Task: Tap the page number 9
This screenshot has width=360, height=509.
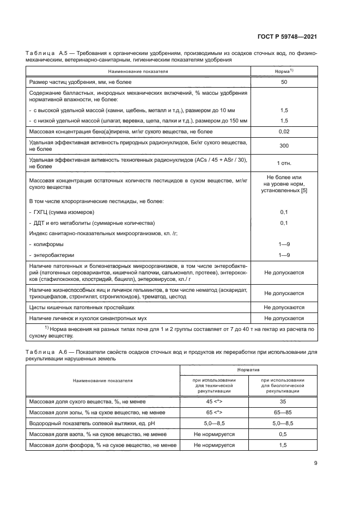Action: tap(315, 463)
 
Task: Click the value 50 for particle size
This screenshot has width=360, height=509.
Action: tap(284, 82)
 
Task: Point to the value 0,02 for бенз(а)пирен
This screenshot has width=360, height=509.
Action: tap(284, 132)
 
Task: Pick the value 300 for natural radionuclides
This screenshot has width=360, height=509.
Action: tap(284, 146)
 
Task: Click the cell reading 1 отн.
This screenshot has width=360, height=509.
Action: tap(284, 163)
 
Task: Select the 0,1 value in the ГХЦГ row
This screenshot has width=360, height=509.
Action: tap(284, 211)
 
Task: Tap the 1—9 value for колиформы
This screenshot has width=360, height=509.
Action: tap(284, 244)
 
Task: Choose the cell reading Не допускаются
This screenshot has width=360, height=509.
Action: tap(284, 307)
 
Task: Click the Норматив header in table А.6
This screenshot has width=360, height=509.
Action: tap(248, 369)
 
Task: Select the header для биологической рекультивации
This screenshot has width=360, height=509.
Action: tap(283, 385)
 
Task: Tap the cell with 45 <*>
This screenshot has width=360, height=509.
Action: tap(214, 401)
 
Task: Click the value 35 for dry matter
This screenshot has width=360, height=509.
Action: tap(283, 401)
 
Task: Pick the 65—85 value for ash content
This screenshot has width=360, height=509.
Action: tap(283, 412)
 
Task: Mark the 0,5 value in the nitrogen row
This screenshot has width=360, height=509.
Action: tap(283, 434)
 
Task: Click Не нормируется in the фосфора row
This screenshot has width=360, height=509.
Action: tap(214, 445)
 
